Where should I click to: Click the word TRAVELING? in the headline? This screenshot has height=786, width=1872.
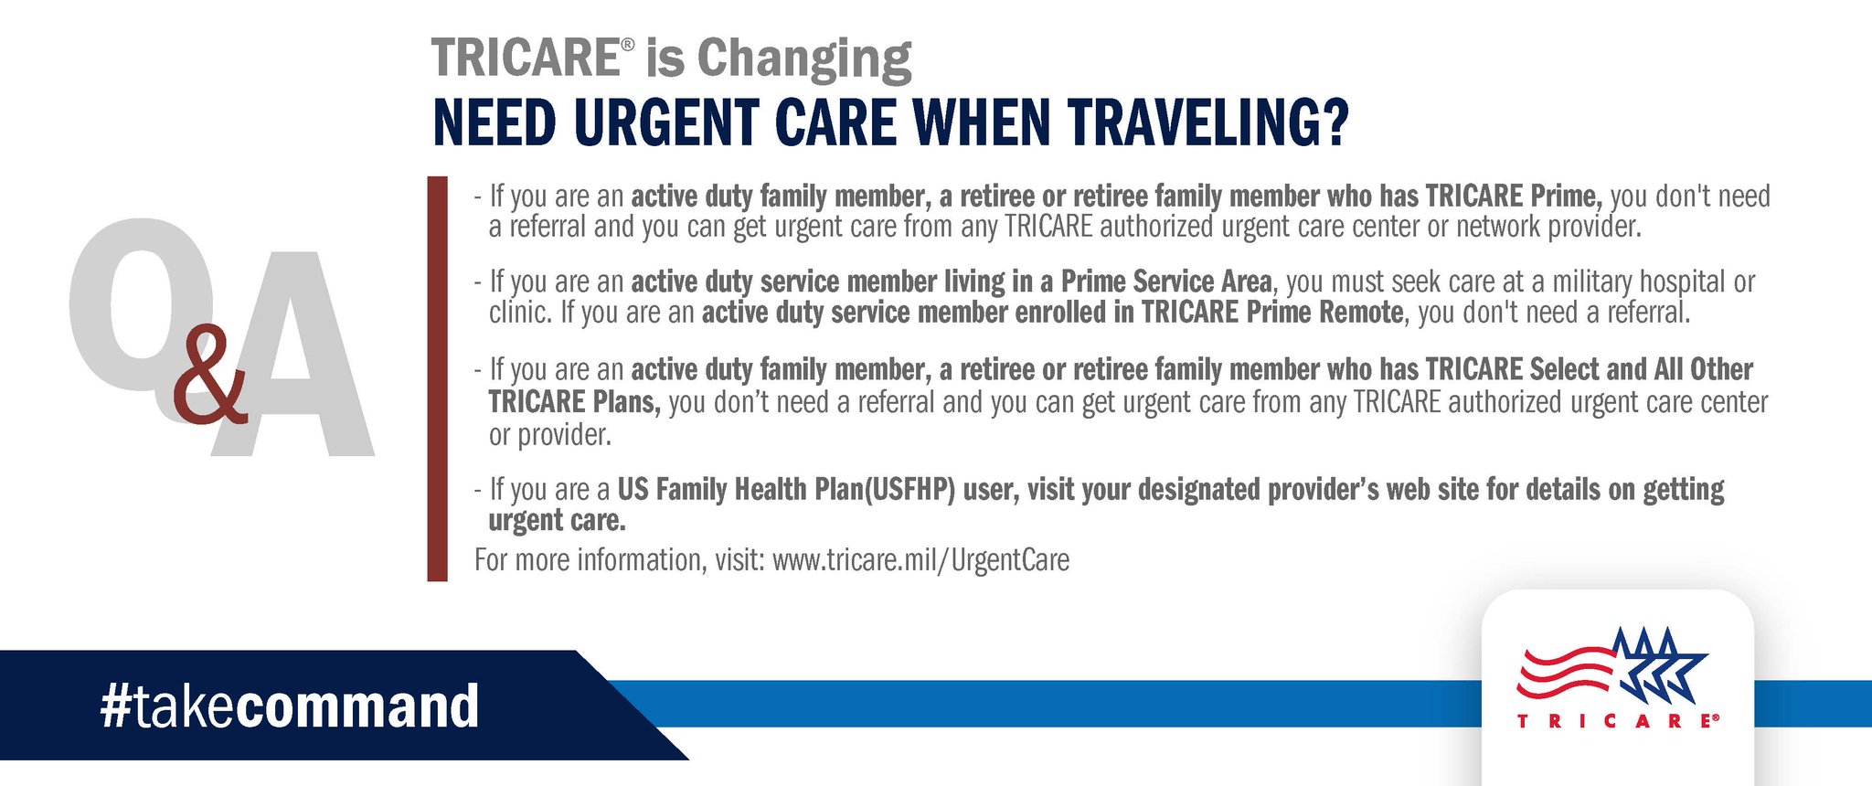(x=1207, y=122)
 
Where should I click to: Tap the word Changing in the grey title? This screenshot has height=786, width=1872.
(x=804, y=60)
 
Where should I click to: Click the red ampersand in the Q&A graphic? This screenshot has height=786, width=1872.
(x=210, y=375)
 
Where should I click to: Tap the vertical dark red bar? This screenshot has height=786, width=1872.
(x=438, y=378)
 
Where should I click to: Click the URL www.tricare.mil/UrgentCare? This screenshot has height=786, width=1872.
(x=920, y=559)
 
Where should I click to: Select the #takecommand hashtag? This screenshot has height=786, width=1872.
(x=290, y=706)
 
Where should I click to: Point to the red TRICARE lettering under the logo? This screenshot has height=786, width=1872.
(x=1618, y=721)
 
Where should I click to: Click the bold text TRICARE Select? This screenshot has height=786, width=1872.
(x=1512, y=369)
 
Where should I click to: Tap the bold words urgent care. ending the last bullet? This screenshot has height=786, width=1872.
(x=557, y=521)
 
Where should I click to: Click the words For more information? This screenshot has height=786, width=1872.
(x=589, y=559)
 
